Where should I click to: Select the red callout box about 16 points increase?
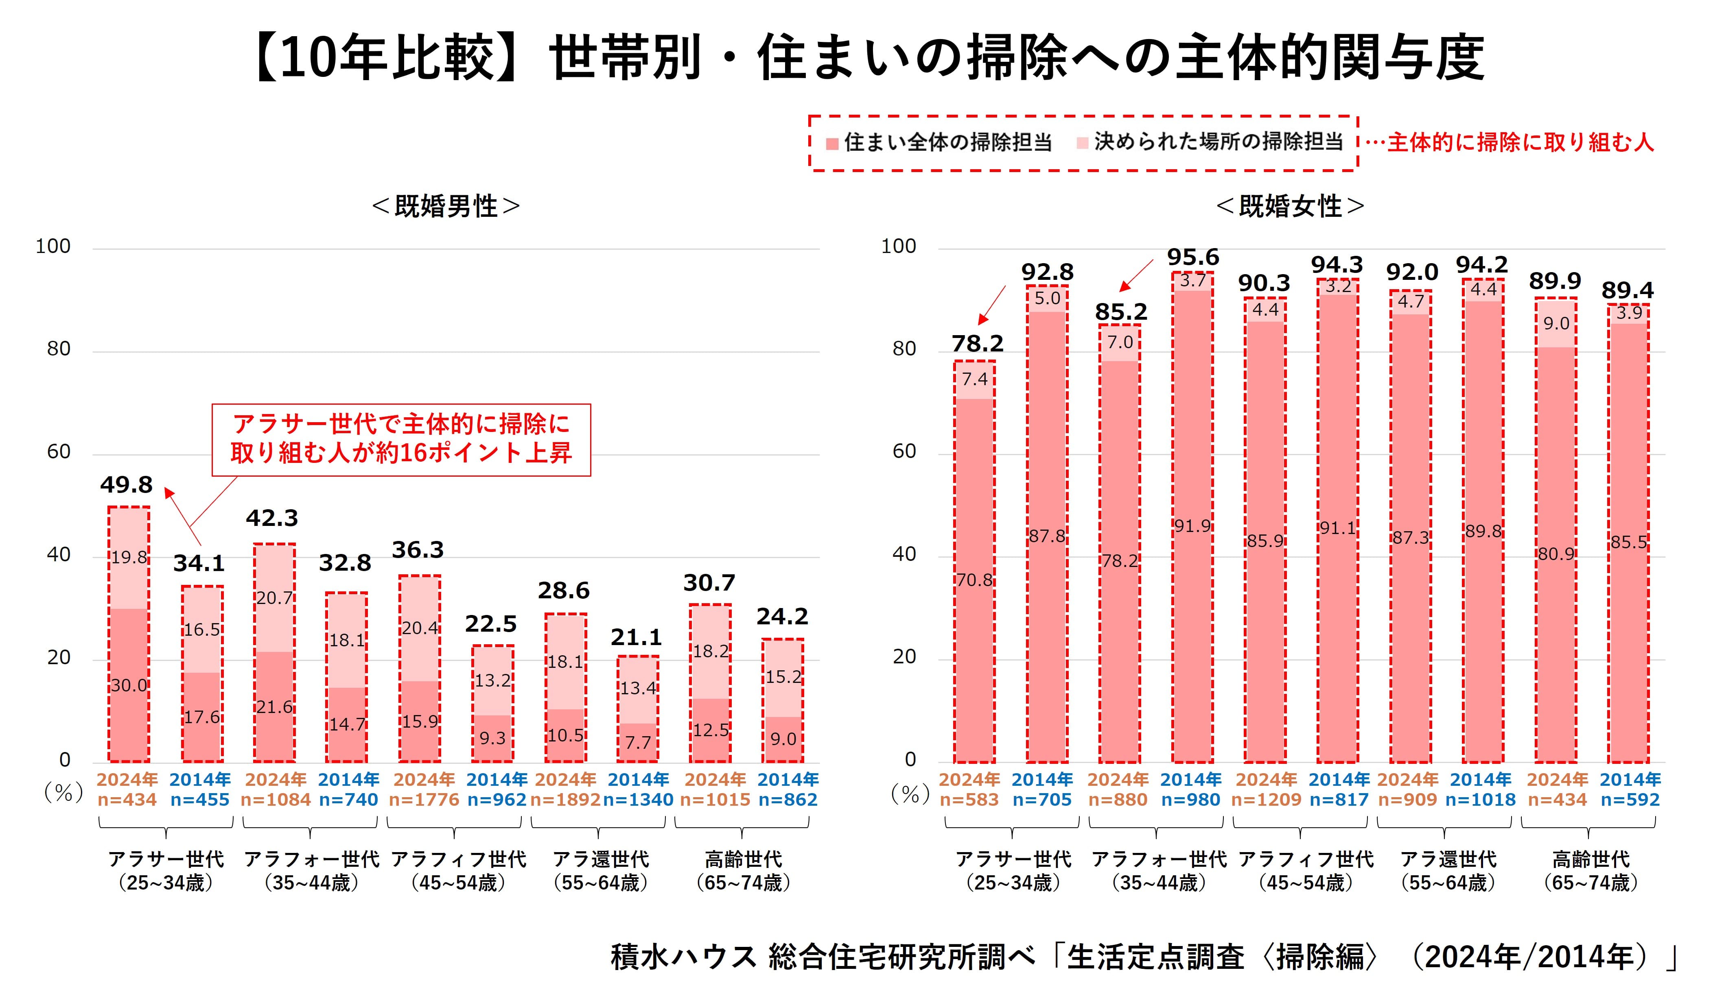(401, 440)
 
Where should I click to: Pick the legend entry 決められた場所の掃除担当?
(1210, 143)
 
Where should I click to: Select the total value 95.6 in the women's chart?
(1193, 257)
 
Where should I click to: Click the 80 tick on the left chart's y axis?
(59, 349)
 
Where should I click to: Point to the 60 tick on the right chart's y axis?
(904, 452)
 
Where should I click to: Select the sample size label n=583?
(969, 800)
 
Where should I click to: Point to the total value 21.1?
(636, 637)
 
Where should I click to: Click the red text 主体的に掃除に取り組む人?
(1520, 143)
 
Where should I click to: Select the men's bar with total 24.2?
(783, 700)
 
